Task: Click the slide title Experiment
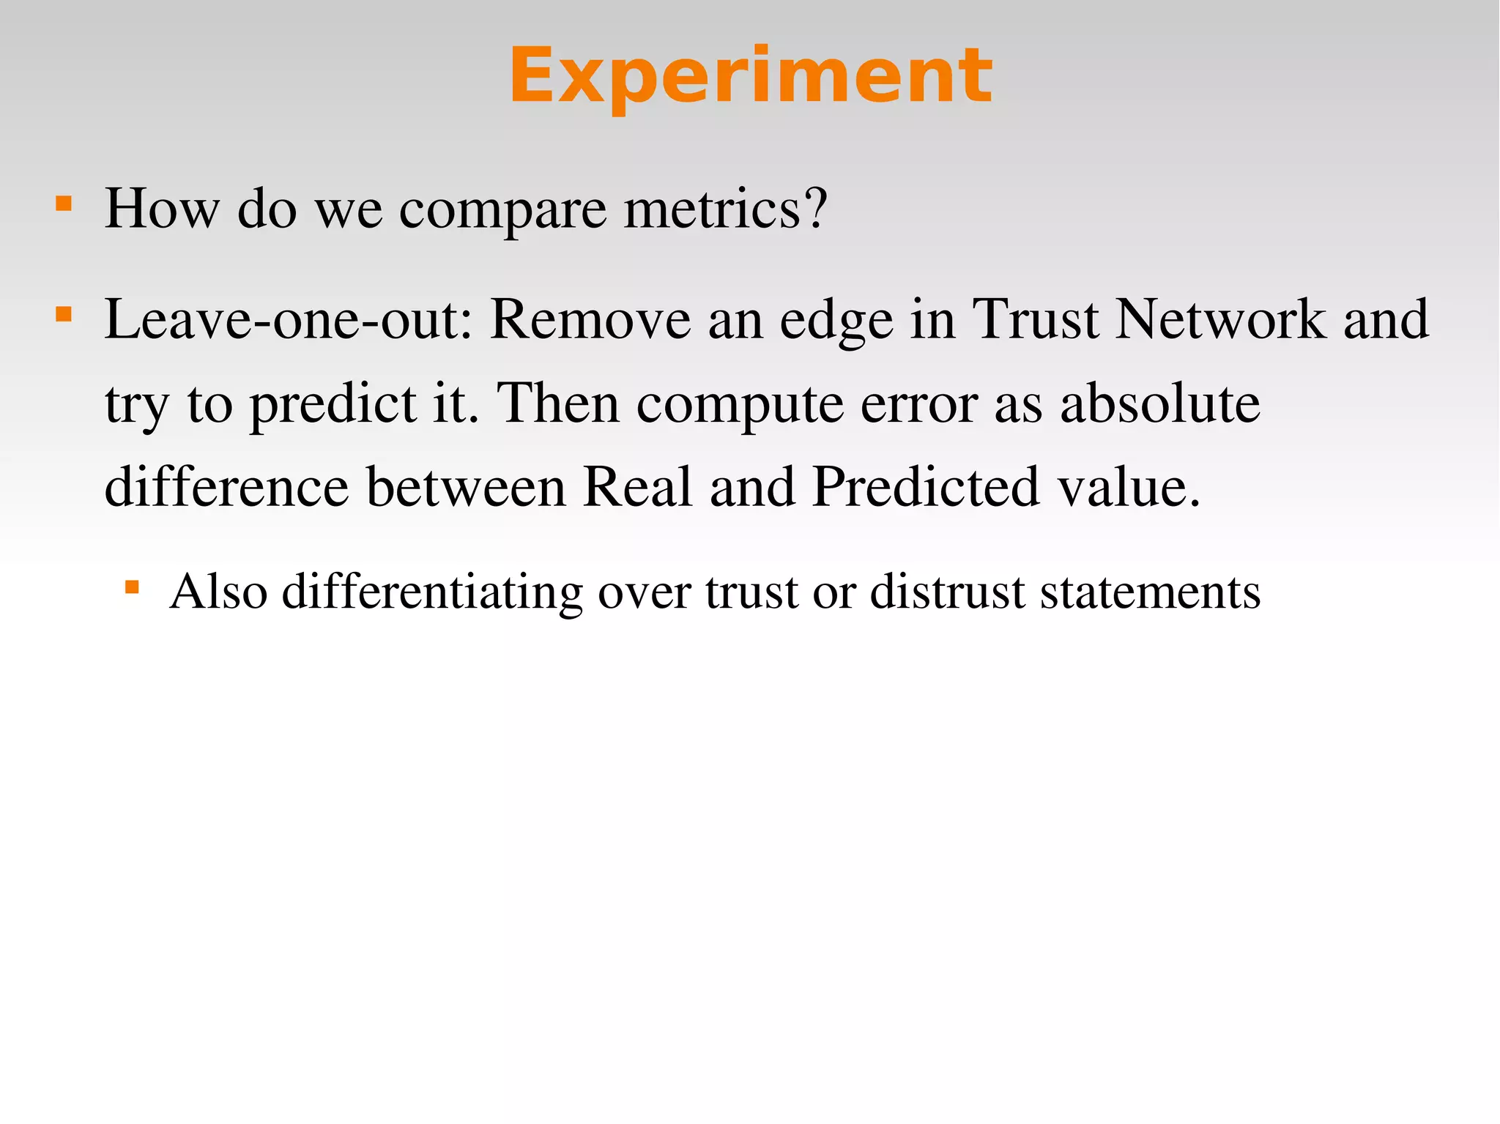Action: pos(750,76)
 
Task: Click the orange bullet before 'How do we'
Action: pos(64,203)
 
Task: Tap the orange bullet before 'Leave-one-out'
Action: pos(64,315)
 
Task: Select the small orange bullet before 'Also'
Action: pos(132,587)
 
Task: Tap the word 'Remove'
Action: pos(590,320)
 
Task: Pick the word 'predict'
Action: pos(333,405)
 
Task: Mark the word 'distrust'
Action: pos(947,592)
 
